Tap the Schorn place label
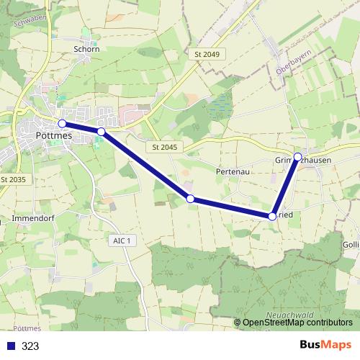coord(86,49)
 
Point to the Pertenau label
coord(232,173)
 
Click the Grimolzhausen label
coord(303,161)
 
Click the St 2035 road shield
coord(13,179)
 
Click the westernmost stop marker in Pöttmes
coord(62,124)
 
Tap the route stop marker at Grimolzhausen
coord(297,156)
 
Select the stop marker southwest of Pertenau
coord(190,198)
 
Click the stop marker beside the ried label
coord(272,215)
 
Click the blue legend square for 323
coord(11,346)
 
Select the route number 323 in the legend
coord(30,346)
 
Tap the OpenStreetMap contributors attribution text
coord(297,323)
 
